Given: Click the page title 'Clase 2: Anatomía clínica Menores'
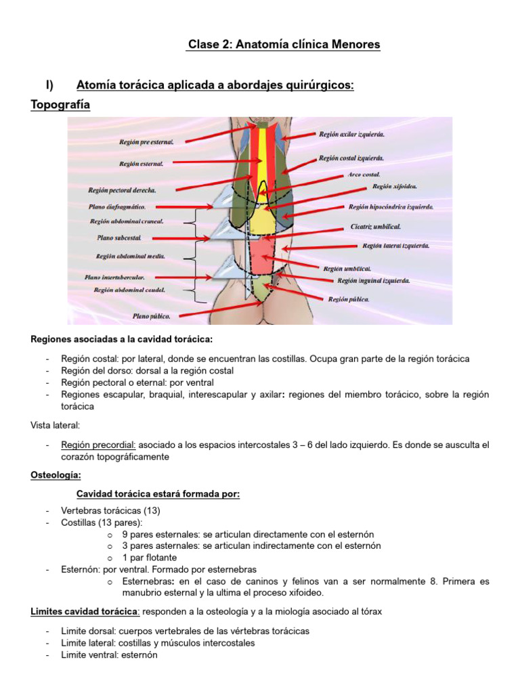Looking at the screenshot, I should click(x=284, y=45).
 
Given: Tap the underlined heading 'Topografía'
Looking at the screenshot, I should click(x=60, y=105).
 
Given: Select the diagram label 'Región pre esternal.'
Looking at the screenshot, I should click(x=146, y=142).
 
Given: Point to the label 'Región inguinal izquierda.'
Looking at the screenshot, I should click(x=373, y=280).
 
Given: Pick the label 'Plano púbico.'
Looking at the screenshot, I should click(x=151, y=315).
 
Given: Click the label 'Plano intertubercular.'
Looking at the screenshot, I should click(x=114, y=277).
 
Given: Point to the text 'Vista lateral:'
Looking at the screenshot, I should click(x=56, y=424).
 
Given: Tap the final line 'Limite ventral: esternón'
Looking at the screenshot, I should click(x=109, y=655).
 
